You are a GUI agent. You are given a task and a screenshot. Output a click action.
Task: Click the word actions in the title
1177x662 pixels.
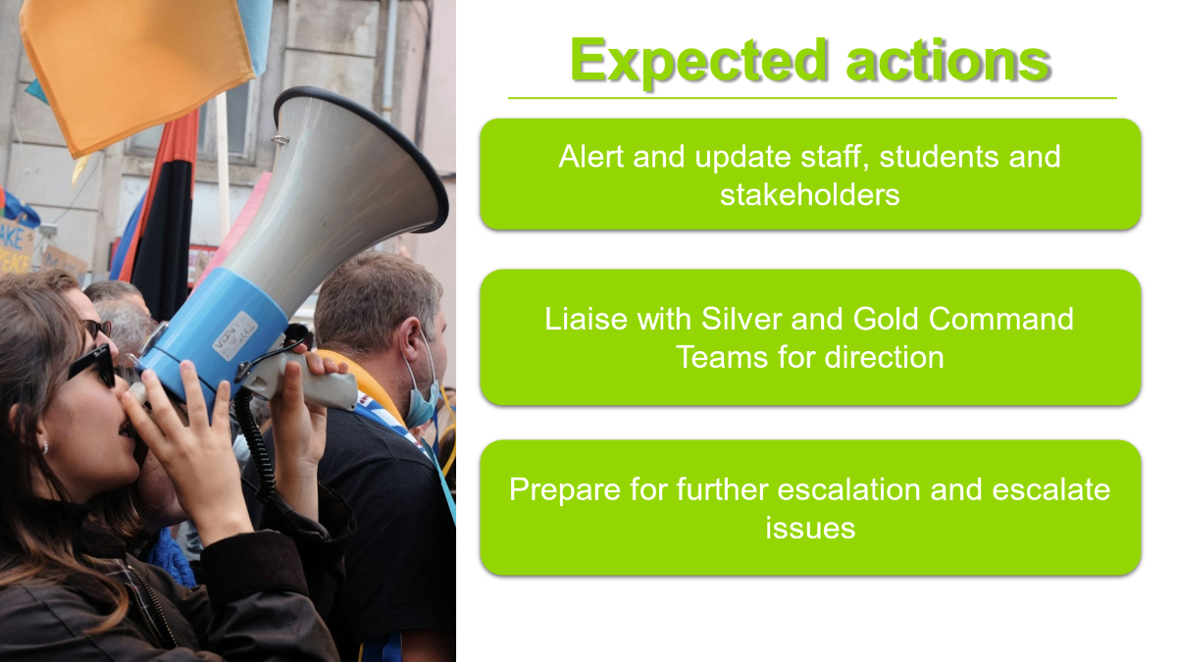coord(948,62)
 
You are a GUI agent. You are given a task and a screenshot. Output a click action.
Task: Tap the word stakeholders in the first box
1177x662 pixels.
coord(810,195)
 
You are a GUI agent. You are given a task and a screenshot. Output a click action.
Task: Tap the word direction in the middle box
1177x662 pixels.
coord(884,357)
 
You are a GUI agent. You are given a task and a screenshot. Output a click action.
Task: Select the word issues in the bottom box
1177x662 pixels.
coord(810,528)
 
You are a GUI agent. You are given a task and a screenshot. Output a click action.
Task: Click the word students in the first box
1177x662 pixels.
coord(939,157)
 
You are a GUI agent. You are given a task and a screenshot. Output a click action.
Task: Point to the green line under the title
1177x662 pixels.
coord(812,98)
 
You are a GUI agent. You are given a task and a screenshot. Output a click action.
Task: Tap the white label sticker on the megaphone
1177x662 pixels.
coord(234,335)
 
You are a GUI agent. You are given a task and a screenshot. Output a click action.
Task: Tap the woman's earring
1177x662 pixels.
coord(45,447)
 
